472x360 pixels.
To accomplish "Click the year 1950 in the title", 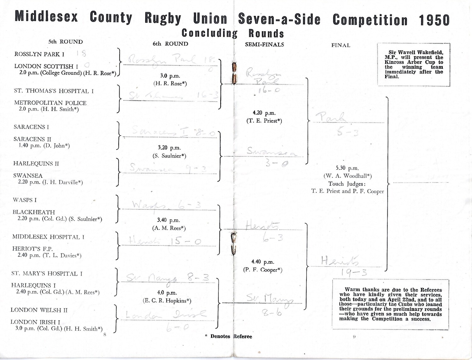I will [434, 20].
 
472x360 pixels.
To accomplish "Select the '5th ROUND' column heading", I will [65, 42].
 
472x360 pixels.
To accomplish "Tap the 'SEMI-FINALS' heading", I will [264, 45].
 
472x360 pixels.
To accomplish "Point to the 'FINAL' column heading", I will [340, 45].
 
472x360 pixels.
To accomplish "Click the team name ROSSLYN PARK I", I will [39, 54].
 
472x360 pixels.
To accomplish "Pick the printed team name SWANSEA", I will [28, 176].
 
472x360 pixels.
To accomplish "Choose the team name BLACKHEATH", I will [34, 212].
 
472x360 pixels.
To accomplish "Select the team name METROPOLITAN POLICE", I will [50, 103].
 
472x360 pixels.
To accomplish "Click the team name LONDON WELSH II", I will [39, 310].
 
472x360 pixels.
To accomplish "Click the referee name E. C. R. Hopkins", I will [167, 301].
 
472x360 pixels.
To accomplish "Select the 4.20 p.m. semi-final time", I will [264, 113].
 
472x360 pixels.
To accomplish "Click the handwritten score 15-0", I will [186, 242].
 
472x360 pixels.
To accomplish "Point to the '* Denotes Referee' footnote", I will [228, 336].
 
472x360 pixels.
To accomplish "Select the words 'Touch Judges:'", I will [347, 184].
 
